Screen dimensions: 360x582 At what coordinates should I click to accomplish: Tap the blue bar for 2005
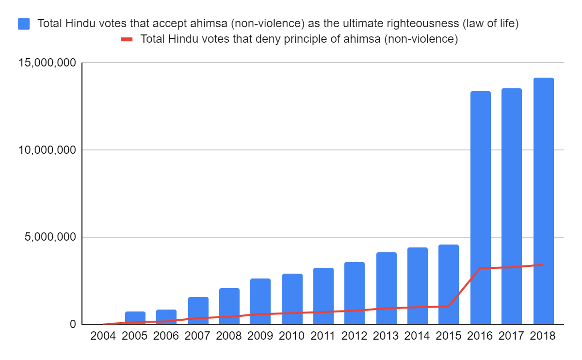(x=135, y=318)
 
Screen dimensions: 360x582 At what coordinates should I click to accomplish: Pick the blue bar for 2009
(x=260, y=301)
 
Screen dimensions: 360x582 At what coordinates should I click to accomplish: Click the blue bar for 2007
(x=198, y=311)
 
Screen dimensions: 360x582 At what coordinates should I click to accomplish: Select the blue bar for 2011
(x=323, y=296)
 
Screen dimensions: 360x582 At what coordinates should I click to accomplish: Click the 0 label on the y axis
(x=73, y=324)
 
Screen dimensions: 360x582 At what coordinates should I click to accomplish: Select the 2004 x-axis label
(x=103, y=336)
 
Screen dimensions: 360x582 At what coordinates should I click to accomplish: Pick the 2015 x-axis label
(x=449, y=336)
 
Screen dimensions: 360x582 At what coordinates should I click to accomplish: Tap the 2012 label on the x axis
(x=355, y=336)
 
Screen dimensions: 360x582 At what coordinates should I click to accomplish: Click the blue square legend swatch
(x=24, y=23)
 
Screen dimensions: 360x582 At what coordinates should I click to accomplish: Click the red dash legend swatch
(x=127, y=39)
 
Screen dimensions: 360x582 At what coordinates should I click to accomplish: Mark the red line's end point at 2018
(x=543, y=265)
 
